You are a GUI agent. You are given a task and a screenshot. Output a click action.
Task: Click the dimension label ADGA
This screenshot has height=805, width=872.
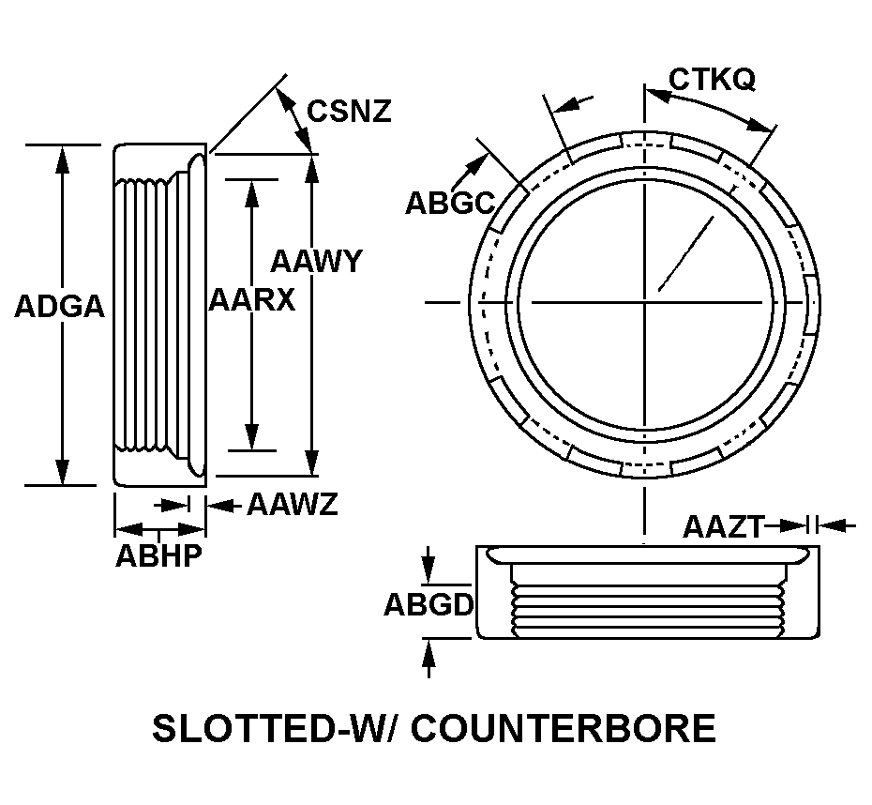(59, 307)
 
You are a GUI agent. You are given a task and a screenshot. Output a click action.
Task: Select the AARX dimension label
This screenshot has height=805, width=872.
(251, 300)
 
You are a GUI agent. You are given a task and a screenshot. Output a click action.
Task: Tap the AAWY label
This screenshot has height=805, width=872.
(315, 261)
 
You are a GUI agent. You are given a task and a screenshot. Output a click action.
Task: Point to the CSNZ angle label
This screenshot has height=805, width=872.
(350, 112)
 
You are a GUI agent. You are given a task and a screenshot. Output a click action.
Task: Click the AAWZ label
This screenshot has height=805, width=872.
(292, 506)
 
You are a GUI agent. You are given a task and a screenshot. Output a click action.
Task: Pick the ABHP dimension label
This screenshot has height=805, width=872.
(158, 555)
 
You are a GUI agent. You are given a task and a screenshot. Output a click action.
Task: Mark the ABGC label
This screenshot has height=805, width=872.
(449, 203)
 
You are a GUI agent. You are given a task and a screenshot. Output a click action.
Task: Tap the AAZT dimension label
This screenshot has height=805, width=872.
(723, 526)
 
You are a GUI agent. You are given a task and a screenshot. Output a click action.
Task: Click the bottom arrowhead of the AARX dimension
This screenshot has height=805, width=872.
(251, 438)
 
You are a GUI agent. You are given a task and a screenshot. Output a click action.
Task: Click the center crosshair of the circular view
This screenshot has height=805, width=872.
(644, 302)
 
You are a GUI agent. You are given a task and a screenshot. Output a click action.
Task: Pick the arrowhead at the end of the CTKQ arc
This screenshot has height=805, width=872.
(764, 125)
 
